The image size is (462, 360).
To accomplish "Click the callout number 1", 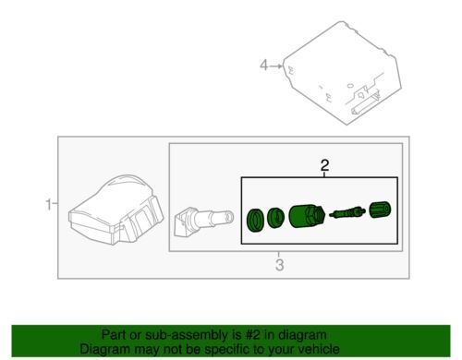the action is (x=49, y=205).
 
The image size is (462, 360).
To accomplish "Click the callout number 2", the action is (x=324, y=165).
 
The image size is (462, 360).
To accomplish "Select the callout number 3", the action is (x=279, y=265).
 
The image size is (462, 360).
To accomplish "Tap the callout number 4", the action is (x=264, y=66).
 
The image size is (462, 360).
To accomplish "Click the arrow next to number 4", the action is (x=276, y=66).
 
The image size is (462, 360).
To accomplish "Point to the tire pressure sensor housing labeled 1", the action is (x=116, y=210).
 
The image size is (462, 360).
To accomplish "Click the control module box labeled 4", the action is (x=342, y=73).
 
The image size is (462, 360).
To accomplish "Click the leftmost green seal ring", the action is (x=255, y=220).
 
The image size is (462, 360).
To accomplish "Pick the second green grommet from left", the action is (x=275, y=218).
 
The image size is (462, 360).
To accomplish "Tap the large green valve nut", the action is (x=307, y=216).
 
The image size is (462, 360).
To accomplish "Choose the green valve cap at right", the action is (x=380, y=210).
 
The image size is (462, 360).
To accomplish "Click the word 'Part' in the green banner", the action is (x=114, y=335).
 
